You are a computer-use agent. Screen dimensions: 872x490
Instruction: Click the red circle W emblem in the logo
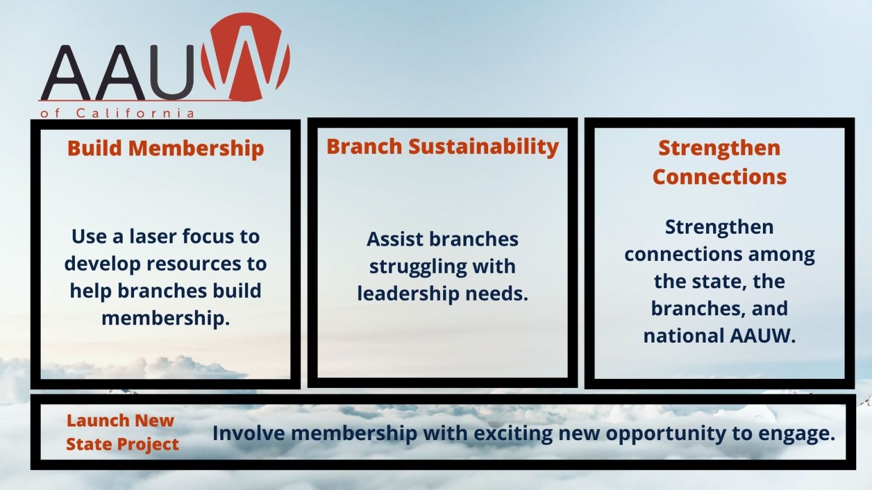[245, 57]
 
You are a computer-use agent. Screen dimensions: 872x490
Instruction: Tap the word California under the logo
[135, 113]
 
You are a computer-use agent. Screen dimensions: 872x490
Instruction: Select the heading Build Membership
[165, 149]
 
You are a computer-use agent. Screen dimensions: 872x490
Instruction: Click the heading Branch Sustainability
[443, 147]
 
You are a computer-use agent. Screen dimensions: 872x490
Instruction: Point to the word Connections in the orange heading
[719, 177]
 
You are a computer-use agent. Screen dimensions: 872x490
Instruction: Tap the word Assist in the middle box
[395, 239]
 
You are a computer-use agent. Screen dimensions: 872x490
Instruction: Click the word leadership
[408, 294]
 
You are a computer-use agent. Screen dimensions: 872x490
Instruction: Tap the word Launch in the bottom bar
[93, 420]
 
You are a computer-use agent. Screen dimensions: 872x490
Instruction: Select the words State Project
[123, 445]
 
